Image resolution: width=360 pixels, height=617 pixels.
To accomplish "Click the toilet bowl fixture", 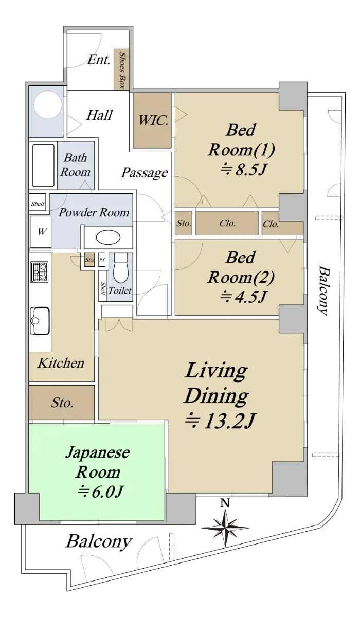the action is (x=121, y=268).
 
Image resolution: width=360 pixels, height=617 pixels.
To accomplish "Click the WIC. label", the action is (x=153, y=120).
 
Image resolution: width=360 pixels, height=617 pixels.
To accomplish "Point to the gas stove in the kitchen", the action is (x=40, y=271).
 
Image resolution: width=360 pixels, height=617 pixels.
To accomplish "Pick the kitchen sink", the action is (x=40, y=321).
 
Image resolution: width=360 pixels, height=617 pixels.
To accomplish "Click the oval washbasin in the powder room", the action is (x=108, y=238).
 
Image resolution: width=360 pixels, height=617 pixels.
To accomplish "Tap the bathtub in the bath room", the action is (x=43, y=166).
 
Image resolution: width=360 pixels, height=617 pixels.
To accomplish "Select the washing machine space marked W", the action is (x=41, y=232).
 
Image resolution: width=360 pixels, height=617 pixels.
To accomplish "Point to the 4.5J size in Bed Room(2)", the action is (x=243, y=297).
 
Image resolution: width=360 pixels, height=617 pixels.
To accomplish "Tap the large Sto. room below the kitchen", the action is (x=62, y=403).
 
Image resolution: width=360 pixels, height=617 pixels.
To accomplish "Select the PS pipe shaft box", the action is (x=102, y=260).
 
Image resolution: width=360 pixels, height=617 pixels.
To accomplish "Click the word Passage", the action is (x=145, y=173).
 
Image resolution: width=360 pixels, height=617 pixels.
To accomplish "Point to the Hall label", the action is (x=99, y=115).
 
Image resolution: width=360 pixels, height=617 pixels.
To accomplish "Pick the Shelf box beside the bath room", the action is (x=38, y=204).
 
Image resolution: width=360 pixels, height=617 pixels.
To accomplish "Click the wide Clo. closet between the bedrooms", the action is (x=227, y=223).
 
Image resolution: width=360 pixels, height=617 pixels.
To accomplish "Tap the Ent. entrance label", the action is (x=99, y=60).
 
